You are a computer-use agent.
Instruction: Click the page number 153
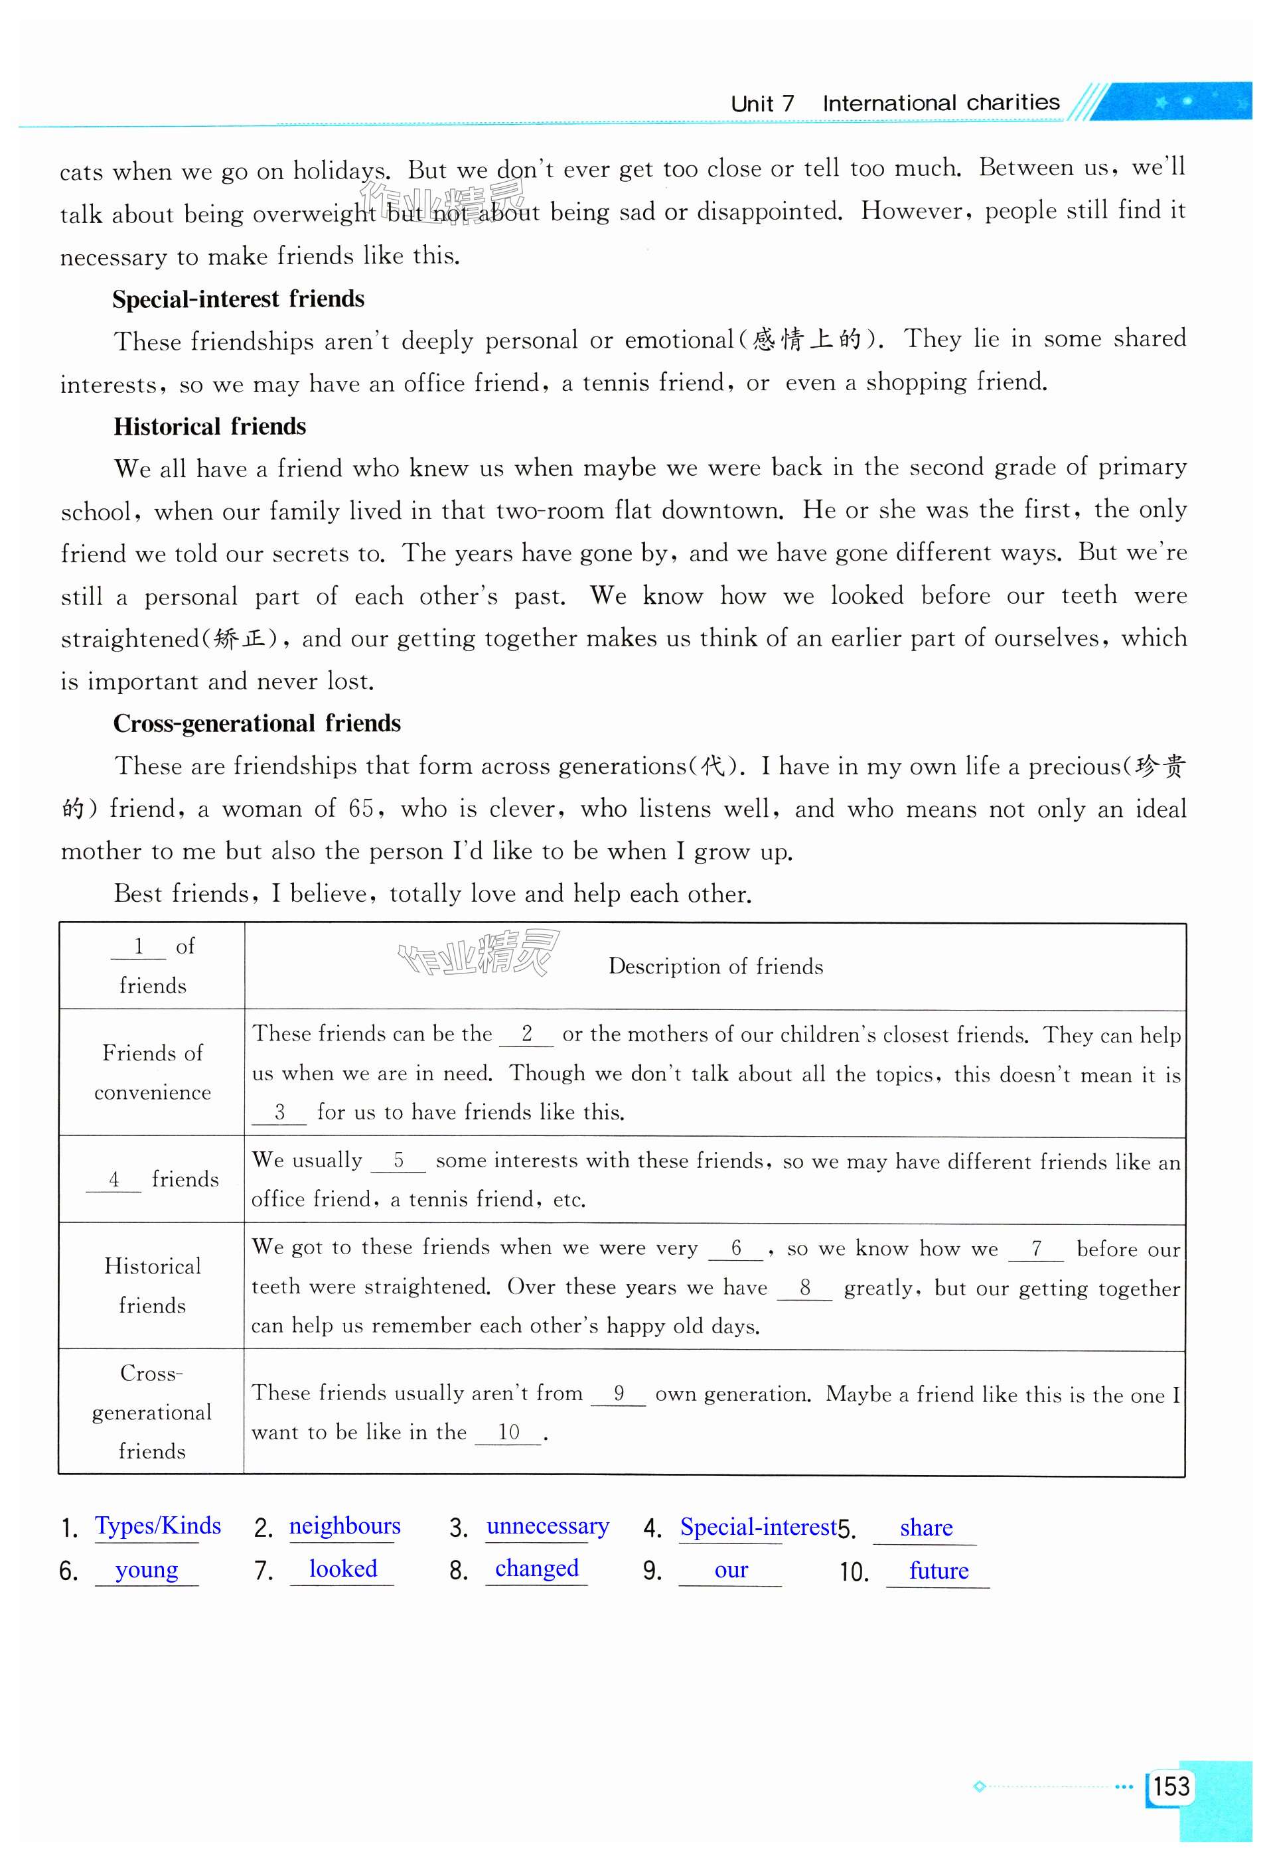[1171, 1786]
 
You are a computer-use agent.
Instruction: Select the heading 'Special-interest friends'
[238, 299]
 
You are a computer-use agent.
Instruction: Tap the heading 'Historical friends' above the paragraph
[210, 426]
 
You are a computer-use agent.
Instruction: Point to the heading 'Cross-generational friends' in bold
[256, 723]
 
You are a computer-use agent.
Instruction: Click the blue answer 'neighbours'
[344, 1526]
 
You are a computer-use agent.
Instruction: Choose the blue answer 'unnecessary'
[548, 1526]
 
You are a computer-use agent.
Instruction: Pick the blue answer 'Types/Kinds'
[158, 1526]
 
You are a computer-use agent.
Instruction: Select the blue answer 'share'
[925, 1527]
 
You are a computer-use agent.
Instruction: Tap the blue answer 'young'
[147, 1569]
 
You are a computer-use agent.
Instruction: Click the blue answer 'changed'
[536, 1568]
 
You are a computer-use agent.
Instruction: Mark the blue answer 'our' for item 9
[731, 1570]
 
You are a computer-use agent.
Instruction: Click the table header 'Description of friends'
[715, 966]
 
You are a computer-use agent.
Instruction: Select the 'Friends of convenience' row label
[152, 1072]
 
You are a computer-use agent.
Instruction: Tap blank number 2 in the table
[526, 1034]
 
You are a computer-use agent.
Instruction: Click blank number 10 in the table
[509, 1432]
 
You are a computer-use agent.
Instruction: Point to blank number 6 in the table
[736, 1248]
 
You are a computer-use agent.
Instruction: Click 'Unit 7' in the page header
[762, 104]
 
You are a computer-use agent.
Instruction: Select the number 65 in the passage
[361, 808]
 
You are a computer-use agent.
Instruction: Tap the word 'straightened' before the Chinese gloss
[129, 638]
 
